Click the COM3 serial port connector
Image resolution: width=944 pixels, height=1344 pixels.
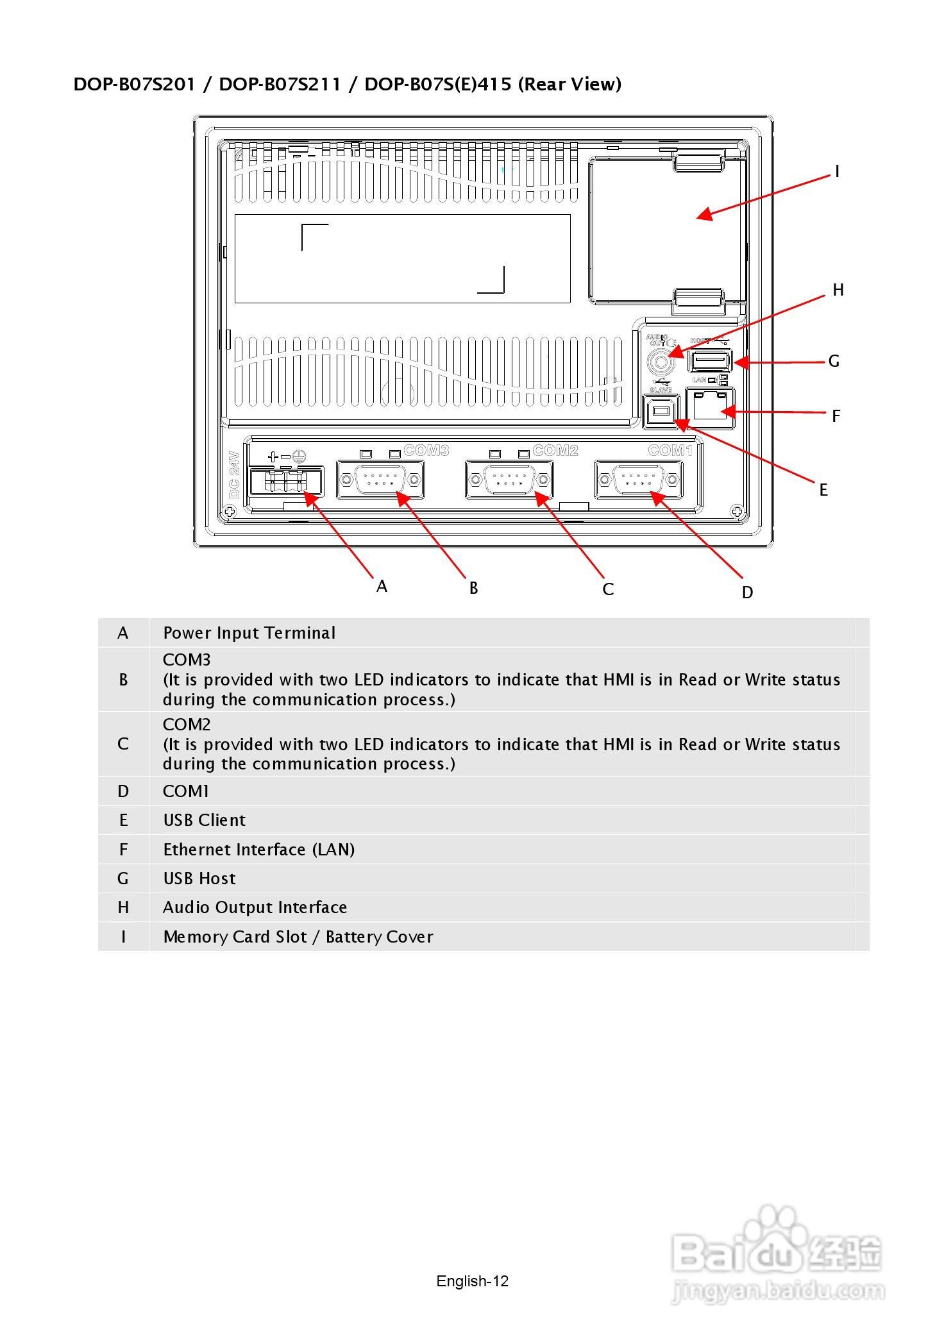380,480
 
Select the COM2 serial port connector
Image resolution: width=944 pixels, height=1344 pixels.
509,480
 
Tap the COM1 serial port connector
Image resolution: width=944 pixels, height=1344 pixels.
639,480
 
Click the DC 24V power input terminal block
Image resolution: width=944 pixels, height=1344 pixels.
286,481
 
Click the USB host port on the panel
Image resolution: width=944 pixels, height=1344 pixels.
710,362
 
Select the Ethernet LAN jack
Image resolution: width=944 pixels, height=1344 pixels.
711,405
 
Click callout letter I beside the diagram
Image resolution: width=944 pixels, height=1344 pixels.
837,172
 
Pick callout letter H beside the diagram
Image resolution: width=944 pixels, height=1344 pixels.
838,290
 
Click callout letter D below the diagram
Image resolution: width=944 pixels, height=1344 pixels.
747,593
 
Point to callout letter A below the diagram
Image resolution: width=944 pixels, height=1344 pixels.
382,587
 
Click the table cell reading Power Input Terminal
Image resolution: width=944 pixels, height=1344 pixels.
249,633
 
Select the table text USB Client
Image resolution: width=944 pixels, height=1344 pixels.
204,820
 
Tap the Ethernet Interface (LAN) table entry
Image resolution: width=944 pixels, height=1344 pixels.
258,850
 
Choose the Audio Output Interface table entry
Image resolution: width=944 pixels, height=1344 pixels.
255,907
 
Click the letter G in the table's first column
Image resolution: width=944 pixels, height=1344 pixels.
123,878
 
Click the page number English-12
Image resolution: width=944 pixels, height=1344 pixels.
472,1281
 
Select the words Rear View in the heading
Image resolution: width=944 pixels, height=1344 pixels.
569,84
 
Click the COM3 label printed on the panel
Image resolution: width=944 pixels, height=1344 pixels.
426,451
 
